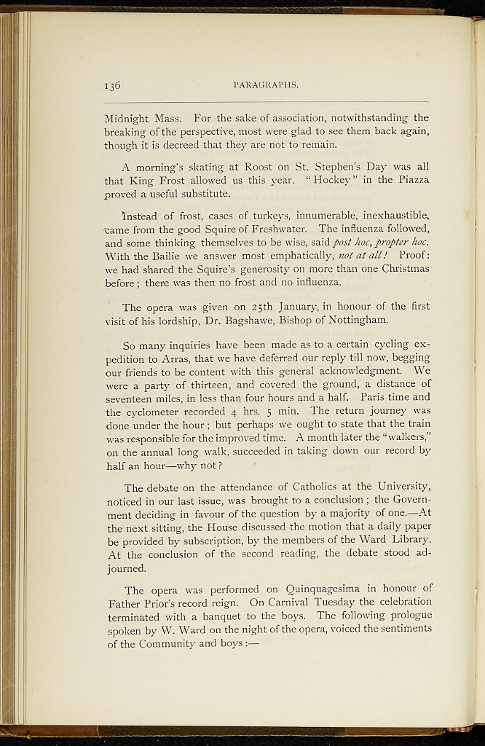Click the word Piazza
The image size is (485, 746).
coord(411,180)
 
